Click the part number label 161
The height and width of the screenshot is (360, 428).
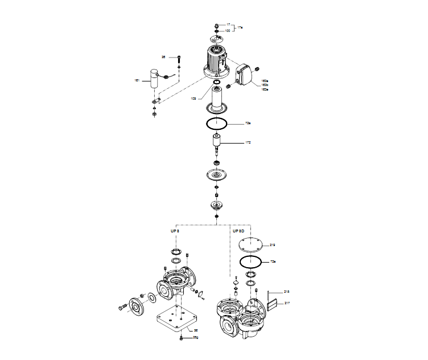click(x=137, y=81)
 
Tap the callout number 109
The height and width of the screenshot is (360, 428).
click(x=194, y=99)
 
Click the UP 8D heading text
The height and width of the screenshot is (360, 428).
click(x=238, y=231)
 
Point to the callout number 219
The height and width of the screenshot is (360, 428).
click(x=273, y=245)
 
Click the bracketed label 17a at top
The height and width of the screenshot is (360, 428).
click(x=240, y=27)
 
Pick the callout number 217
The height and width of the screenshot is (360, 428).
click(x=287, y=303)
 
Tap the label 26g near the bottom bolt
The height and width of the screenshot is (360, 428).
click(x=195, y=337)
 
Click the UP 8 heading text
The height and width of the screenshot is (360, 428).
click(x=175, y=231)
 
